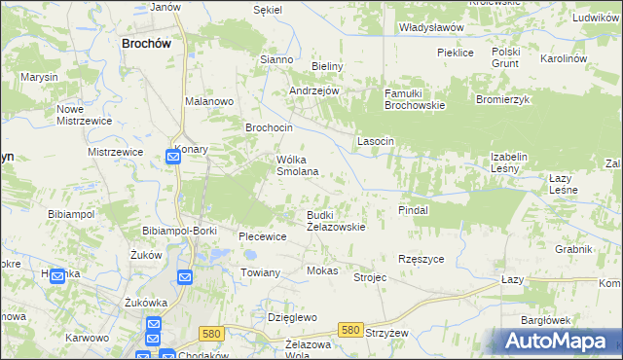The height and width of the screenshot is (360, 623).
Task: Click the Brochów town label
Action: [x=146, y=43]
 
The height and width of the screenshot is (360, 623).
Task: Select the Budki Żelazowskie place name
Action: [x=336, y=221]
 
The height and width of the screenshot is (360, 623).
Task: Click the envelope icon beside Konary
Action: [x=172, y=157]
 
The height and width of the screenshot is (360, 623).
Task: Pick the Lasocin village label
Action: [x=376, y=141]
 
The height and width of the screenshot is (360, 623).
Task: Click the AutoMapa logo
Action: [x=561, y=342]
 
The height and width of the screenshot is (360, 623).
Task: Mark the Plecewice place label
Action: [x=263, y=236]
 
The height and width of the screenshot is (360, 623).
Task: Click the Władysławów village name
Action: [x=431, y=28]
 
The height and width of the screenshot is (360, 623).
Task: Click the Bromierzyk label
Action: [x=502, y=99]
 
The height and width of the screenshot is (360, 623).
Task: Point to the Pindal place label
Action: [x=414, y=209]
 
